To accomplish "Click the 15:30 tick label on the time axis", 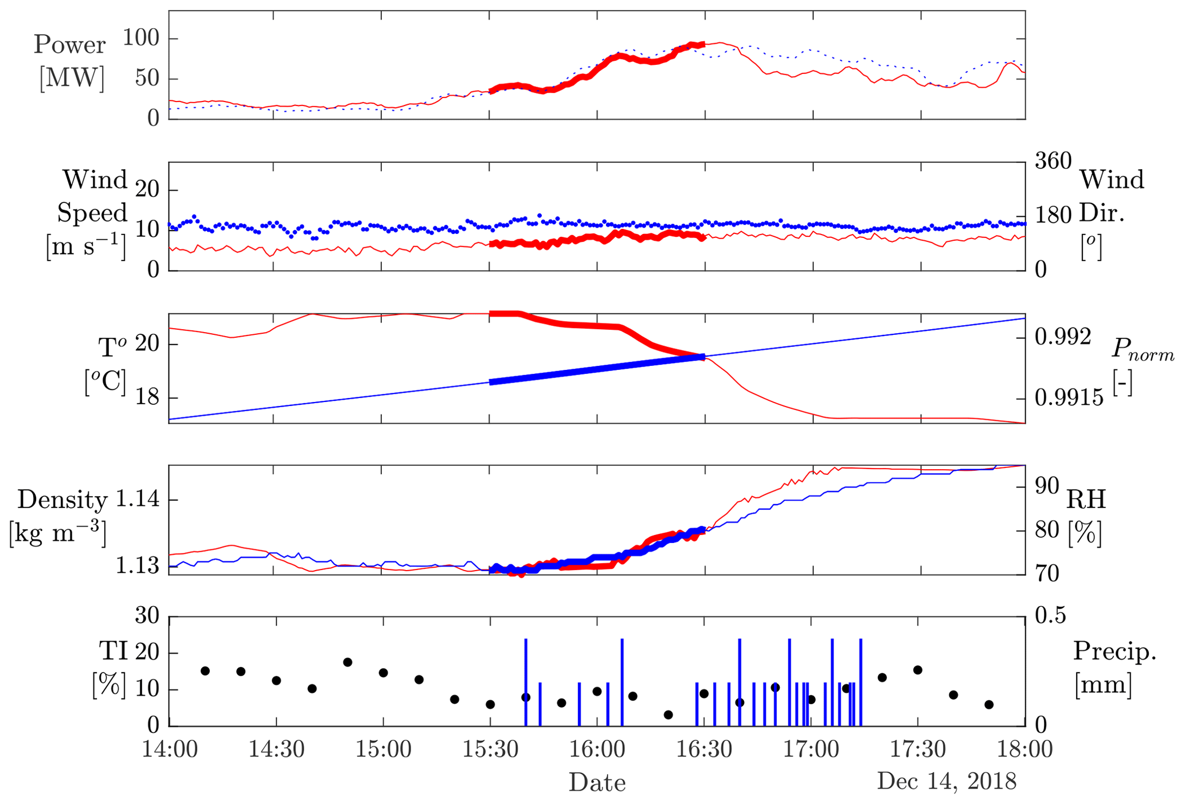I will click(490, 750).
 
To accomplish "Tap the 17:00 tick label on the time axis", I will click(812, 750).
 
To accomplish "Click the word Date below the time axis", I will click(597, 782).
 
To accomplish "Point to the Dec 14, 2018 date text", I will click(947, 780).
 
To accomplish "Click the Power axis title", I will click(69, 45).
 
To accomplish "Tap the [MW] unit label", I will click(72, 77).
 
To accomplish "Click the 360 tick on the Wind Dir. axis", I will click(1053, 161).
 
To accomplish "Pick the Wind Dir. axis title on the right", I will click(1112, 196).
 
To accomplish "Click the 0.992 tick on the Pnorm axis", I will click(1063, 337).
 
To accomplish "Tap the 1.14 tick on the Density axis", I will click(137, 499).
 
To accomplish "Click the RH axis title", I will click(1086, 500).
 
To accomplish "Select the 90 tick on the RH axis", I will click(1047, 486).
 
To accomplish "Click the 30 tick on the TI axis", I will click(147, 616).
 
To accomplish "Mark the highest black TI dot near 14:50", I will click(347, 662).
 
